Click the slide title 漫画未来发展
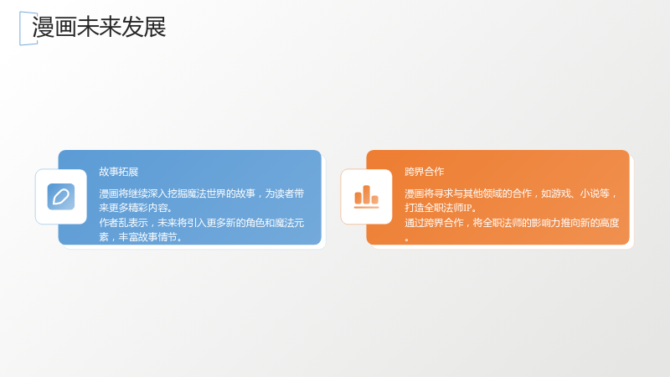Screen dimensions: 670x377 click(x=99, y=27)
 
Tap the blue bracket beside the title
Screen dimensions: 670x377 click(x=20, y=28)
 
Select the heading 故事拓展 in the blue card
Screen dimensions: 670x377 click(x=119, y=172)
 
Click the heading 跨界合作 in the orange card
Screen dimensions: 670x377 click(x=425, y=172)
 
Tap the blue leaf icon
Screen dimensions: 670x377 click(x=61, y=197)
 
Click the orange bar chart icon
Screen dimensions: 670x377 click(x=366, y=197)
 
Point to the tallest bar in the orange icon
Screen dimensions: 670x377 click(x=366, y=194)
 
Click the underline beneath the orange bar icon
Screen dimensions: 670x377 click(x=366, y=207)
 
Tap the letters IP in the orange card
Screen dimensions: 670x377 click(x=467, y=208)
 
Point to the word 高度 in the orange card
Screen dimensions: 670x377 click(x=610, y=223)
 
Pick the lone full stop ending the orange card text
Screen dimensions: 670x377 click(x=407, y=240)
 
